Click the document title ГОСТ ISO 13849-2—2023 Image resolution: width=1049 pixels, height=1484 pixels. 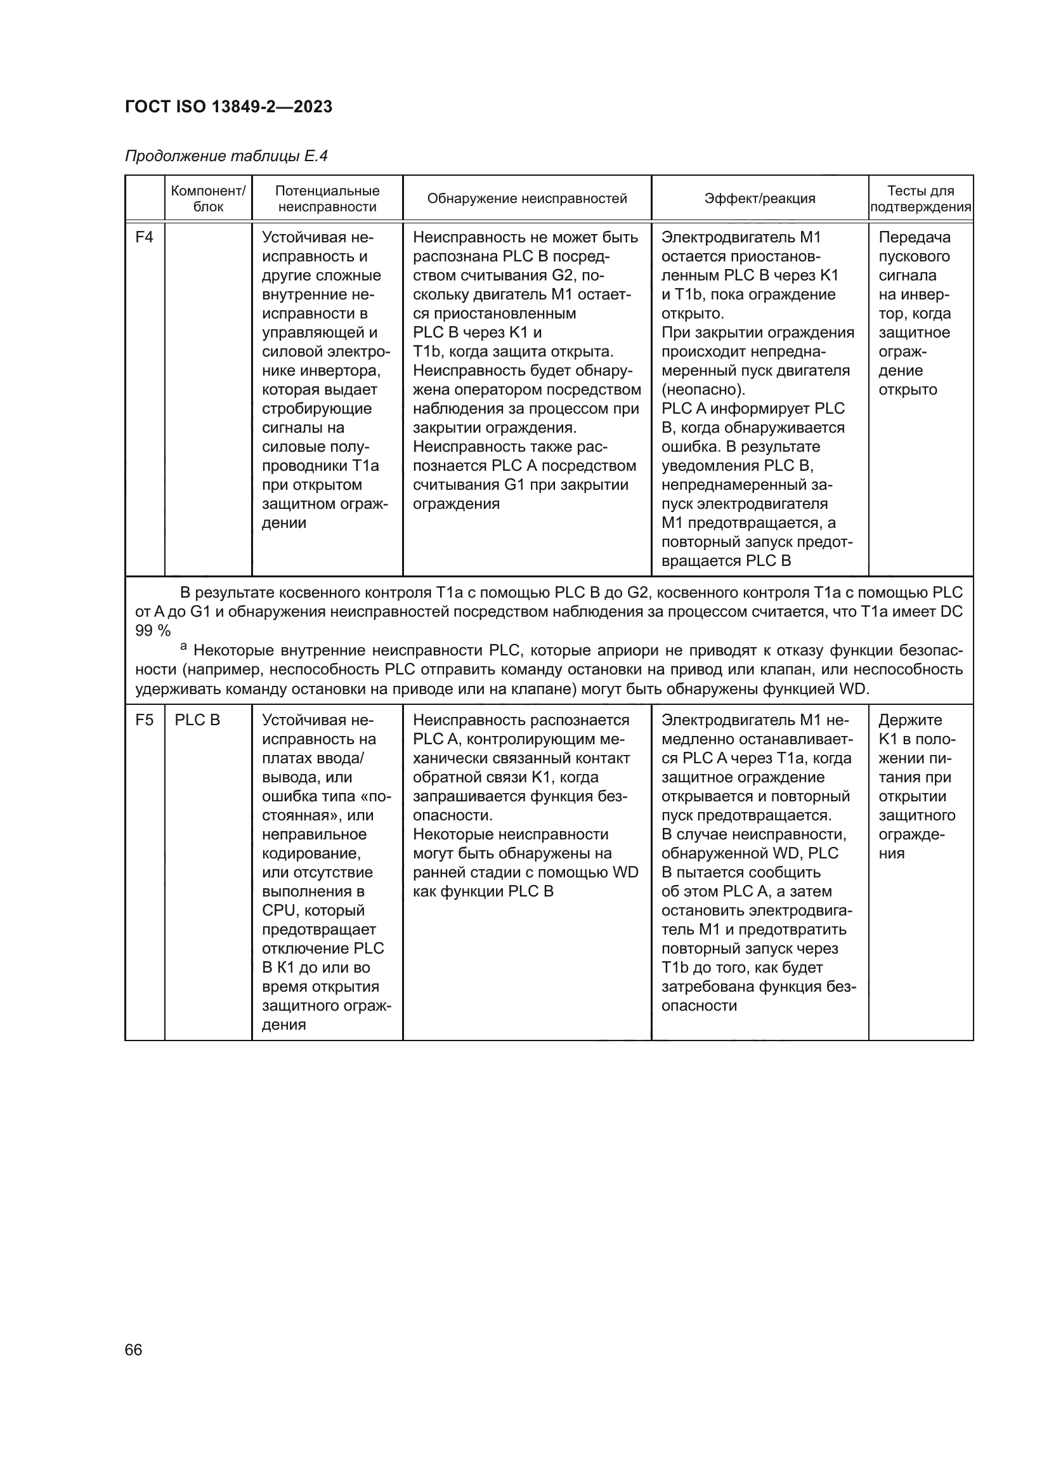228,107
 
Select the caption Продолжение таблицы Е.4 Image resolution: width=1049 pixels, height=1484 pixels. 226,156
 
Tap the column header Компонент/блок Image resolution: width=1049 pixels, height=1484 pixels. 208,199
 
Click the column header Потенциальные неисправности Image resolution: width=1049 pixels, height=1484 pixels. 327,199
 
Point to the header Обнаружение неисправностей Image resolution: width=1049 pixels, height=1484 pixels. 526,199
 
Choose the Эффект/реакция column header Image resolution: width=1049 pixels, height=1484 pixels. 759,199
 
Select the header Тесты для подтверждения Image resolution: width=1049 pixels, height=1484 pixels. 920,199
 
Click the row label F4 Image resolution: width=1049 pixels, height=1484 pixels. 144,237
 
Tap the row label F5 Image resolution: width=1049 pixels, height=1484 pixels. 144,720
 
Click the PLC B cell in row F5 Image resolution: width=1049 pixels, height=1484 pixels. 197,720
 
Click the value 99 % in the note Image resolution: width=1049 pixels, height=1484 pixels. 152,631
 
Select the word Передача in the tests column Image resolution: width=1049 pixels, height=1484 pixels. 914,237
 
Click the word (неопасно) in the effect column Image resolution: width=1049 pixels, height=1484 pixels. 703,390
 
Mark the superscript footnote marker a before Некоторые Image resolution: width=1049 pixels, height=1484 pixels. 183,646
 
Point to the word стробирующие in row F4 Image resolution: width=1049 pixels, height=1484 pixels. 316,409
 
